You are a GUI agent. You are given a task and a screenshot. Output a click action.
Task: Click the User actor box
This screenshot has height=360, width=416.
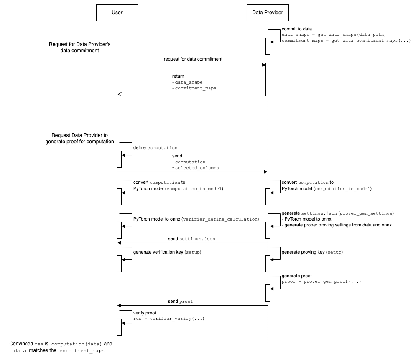(117, 13)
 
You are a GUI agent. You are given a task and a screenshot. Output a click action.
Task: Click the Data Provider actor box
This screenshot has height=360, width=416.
(268, 13)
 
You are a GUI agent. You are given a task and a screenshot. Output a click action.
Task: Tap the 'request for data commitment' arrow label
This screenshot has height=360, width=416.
(193, 59)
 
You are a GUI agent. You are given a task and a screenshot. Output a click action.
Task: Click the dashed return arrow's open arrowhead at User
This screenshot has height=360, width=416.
(119, 94)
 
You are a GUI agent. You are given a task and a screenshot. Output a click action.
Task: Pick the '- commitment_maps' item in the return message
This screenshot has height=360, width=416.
(194, 88)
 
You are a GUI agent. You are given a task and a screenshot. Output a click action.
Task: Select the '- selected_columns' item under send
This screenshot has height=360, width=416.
(195, 168)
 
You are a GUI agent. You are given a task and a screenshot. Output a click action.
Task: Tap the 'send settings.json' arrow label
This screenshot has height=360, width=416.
(192, 238)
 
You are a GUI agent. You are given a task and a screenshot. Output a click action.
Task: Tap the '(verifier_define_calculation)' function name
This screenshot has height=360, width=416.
(220, 219)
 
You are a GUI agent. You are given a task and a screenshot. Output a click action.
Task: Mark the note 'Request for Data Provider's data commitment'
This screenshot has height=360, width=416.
(79, 47)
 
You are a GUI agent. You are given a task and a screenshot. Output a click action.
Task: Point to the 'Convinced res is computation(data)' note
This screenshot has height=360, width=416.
(61, 344)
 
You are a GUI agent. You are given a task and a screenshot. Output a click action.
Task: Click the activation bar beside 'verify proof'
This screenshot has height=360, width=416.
(119, 327)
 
